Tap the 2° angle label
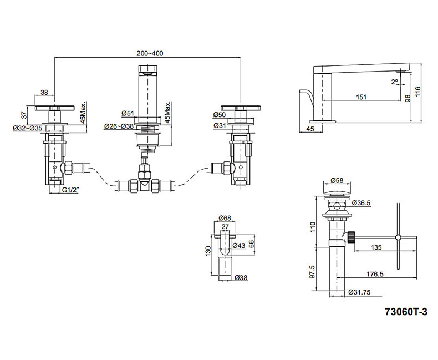point(394,82)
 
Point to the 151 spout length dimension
point(361,97)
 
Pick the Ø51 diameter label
point(128,114)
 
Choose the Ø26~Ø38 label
point(119,126)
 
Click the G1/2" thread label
point(70,190)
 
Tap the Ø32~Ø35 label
point(27,128)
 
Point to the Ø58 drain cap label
point(337,180)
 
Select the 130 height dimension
point(208,250)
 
